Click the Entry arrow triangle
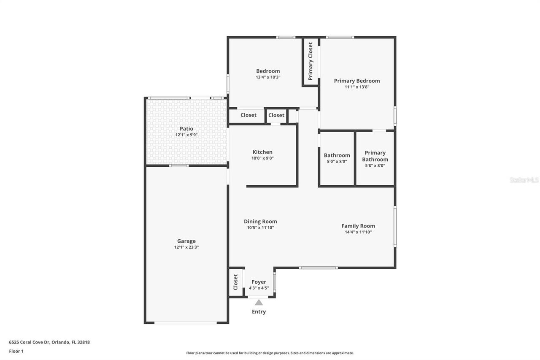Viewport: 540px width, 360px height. pyautogui.click(x=259, y=302)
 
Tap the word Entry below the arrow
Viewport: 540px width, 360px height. pyautogui.click(x=259, y=312)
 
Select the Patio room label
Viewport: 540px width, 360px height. pyautogui.click(x=186, y=129)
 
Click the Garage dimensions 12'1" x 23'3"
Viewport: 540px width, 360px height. pyautogui.click(x=186, y=247)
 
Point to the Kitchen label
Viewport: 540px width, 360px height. pyautogui.click(x=262, y=152)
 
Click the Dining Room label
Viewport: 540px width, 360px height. pyautogui.click(x=260, y=222)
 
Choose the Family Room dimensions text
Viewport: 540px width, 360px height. pyautogui.click(x=358, y=232)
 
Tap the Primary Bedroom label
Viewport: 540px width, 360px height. pyautogui.click(x=357, y=81)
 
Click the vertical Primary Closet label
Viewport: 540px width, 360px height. pyautogui.click(x=310, y=61)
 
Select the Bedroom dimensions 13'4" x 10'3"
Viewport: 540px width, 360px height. pyautogui.click(x=268, y=77)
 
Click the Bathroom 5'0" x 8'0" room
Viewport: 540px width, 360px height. pyautogui.click(x=337, y=158)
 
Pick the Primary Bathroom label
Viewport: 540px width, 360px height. pyautogui.click(x=375, y=156)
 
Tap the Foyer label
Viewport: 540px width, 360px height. pyautogui.click(x=259, y=282)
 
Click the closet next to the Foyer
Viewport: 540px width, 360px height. pyautogui.click(x=236, y=282)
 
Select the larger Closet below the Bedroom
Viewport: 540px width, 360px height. pyautogui.click(x=248, y=115)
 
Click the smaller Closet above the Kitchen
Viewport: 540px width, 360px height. pyautogui.click(x=276, y=115)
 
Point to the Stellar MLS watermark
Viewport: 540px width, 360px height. pyautogui.click(x=524, y=180)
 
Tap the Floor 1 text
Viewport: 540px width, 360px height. pyautogui.click(x=16, y=351)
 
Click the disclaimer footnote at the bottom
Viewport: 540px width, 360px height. pyautogui.click(x=270, y=353)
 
